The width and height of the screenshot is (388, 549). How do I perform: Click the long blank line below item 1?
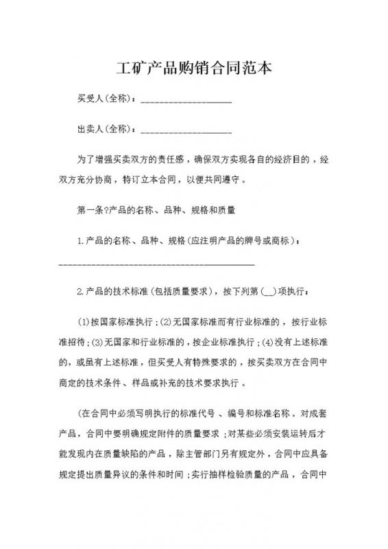click(x=157, y=264)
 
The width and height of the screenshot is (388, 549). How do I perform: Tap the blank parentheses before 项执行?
click(x=250, y=293)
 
